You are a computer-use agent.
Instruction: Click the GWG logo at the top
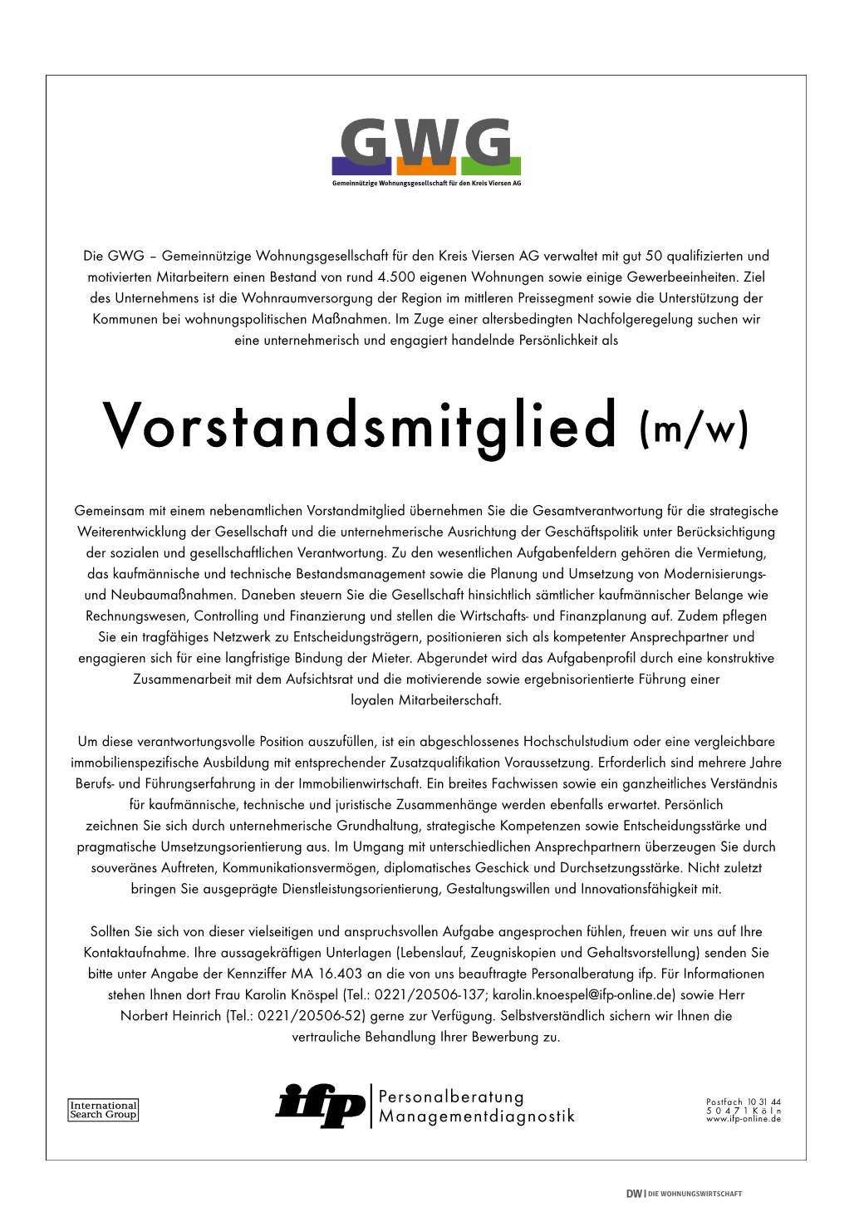(x=426, y=145)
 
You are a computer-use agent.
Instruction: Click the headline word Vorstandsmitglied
(x=360, y=425)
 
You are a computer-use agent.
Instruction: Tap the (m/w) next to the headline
(x=695, y=429)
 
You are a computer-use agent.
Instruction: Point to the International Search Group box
(x=103, y=1110)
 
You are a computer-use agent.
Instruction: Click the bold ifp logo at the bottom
(x=320, y=1106)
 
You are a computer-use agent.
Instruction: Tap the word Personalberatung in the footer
(x=451, y=1097)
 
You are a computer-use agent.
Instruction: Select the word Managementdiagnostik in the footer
(x=477, y=1116)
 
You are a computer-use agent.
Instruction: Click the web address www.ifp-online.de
(x=744, y=1119)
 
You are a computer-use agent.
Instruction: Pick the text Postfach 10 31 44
(x=744, y=1102)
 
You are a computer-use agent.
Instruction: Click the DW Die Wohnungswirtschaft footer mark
(x=684, y=1194)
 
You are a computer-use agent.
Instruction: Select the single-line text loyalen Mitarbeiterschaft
(x=426, y=700)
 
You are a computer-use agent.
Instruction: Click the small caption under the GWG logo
(x=426, y=184)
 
